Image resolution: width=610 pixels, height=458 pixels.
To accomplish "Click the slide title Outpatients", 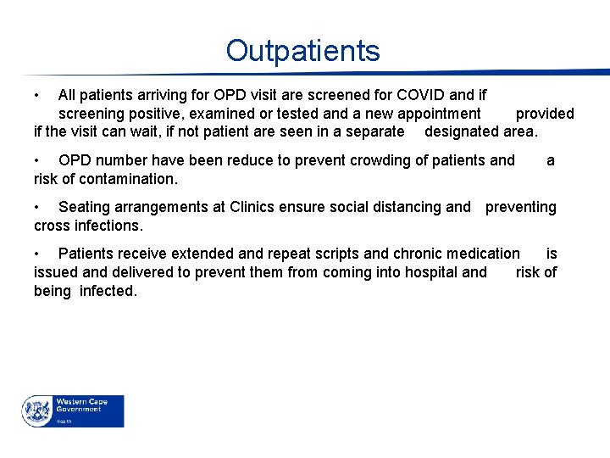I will point(303,51).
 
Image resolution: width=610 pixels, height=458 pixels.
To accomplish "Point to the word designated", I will point(462,131).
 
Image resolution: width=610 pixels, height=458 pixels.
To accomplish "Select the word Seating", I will point(85,207).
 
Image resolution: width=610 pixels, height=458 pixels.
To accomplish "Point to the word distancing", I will point(406,207).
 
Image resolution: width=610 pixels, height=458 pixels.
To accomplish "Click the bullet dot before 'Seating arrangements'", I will point(37,207).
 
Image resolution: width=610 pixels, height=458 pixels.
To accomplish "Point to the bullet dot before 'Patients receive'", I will point(37,254).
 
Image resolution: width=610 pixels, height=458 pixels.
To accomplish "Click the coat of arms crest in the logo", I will point(36,411).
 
